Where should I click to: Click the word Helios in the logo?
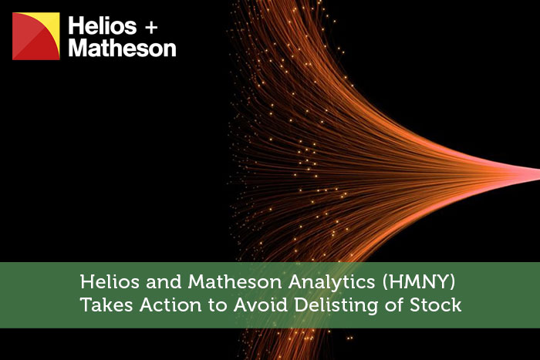103,25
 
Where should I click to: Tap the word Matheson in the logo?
122,49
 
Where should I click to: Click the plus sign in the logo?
151,28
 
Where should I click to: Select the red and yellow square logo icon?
36,36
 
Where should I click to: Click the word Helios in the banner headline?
110,282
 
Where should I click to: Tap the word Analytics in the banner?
332,283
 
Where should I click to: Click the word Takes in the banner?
106,305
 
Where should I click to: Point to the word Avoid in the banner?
261,305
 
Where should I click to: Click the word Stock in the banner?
436,305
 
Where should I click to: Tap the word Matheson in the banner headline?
235,282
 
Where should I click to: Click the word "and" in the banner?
164,282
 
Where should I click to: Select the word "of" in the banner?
394,305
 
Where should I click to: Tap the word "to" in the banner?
218,305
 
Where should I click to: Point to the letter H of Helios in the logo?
76,25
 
